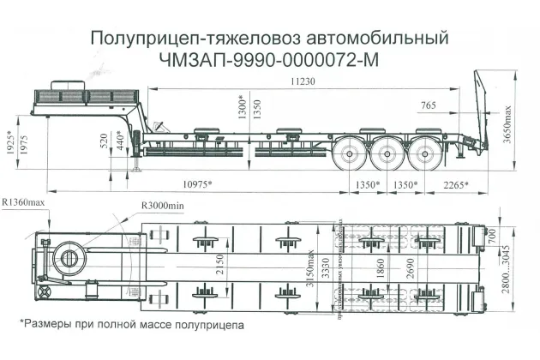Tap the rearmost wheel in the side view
(424, 155)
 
